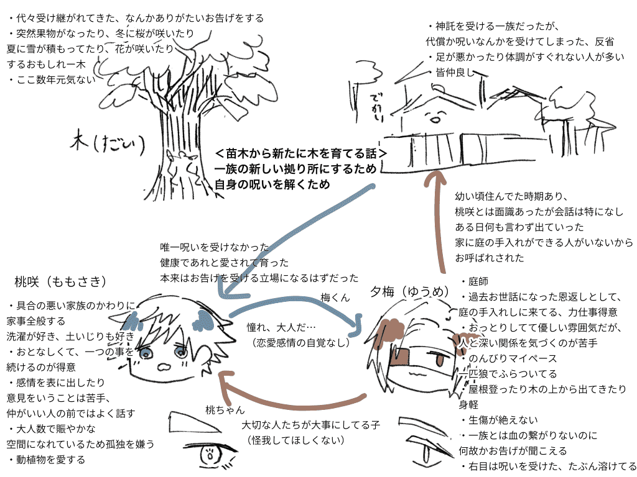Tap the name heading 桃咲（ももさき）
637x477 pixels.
(60, 282)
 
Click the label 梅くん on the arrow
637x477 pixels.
(336, 297)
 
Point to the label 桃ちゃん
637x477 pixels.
(225, 410)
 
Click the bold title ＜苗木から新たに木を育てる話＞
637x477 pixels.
(302, 153)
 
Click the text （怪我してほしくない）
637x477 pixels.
(295, 440)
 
